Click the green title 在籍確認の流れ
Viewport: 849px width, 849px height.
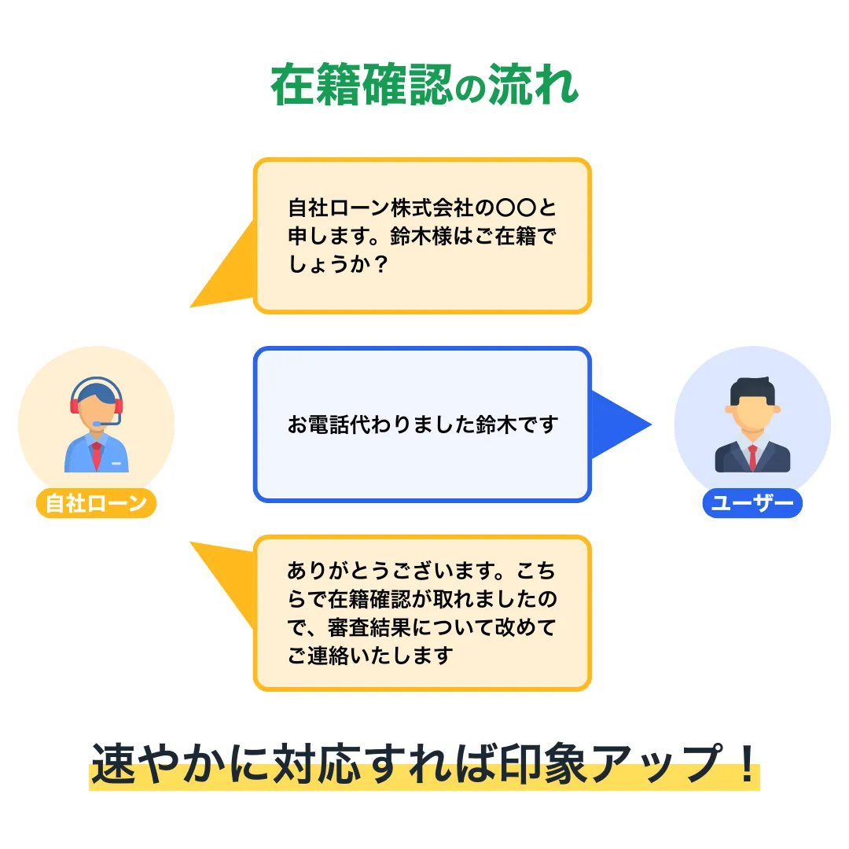(424, 85)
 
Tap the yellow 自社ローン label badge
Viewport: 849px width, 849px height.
(96, 503)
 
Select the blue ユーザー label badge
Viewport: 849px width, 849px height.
(752, 503)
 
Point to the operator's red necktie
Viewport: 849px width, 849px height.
(97, 454)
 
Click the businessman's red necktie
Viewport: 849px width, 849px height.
(752, 456)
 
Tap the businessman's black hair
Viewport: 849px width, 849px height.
(752, 390)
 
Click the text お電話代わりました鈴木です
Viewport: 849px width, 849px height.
(422, 425)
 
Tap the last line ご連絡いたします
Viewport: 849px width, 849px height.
(370, 655)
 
